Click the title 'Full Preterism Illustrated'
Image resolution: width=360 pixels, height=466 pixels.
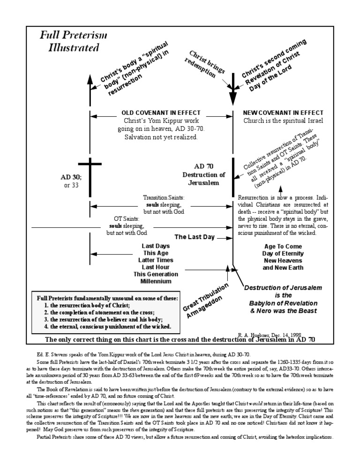click(x=69, y=41)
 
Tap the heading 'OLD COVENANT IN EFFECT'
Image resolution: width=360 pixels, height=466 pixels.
click(x=161, y=113)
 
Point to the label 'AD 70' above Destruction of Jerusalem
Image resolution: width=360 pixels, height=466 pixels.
click(x=203, y=166)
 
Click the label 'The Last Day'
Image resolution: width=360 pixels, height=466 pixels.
click(x=194, y=237)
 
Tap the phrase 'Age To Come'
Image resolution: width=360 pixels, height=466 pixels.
click(x=282, y=246)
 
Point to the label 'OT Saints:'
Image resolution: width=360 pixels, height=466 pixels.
click(x=127, y=218)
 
